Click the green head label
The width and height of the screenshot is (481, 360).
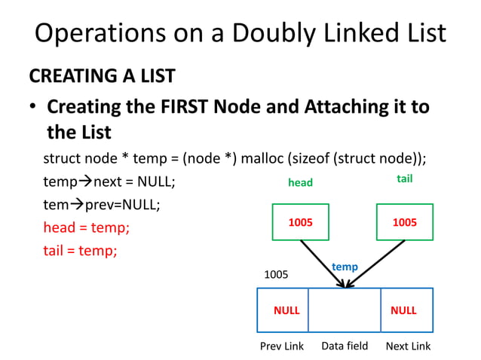[300, 182]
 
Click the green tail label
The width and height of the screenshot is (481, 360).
[404, 179]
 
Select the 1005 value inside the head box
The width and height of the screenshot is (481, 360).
[301, 222]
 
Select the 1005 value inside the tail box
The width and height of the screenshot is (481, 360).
[405, 222]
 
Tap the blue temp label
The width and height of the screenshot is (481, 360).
[345, 267]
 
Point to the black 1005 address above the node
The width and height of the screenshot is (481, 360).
[275, 276]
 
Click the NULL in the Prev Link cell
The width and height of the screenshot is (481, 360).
[286, 310]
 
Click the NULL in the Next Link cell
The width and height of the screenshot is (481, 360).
[403, 310]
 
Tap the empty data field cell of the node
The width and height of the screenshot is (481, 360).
[345, 310]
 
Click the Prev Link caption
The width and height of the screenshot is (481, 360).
[282, 346]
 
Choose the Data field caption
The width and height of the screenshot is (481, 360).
[345, 346]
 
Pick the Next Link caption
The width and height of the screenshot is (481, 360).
[408, 346]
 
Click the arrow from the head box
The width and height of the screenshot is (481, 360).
[323, 264]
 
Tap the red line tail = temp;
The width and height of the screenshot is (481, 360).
[80, 250]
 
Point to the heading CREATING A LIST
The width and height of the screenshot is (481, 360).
[102, 76]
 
